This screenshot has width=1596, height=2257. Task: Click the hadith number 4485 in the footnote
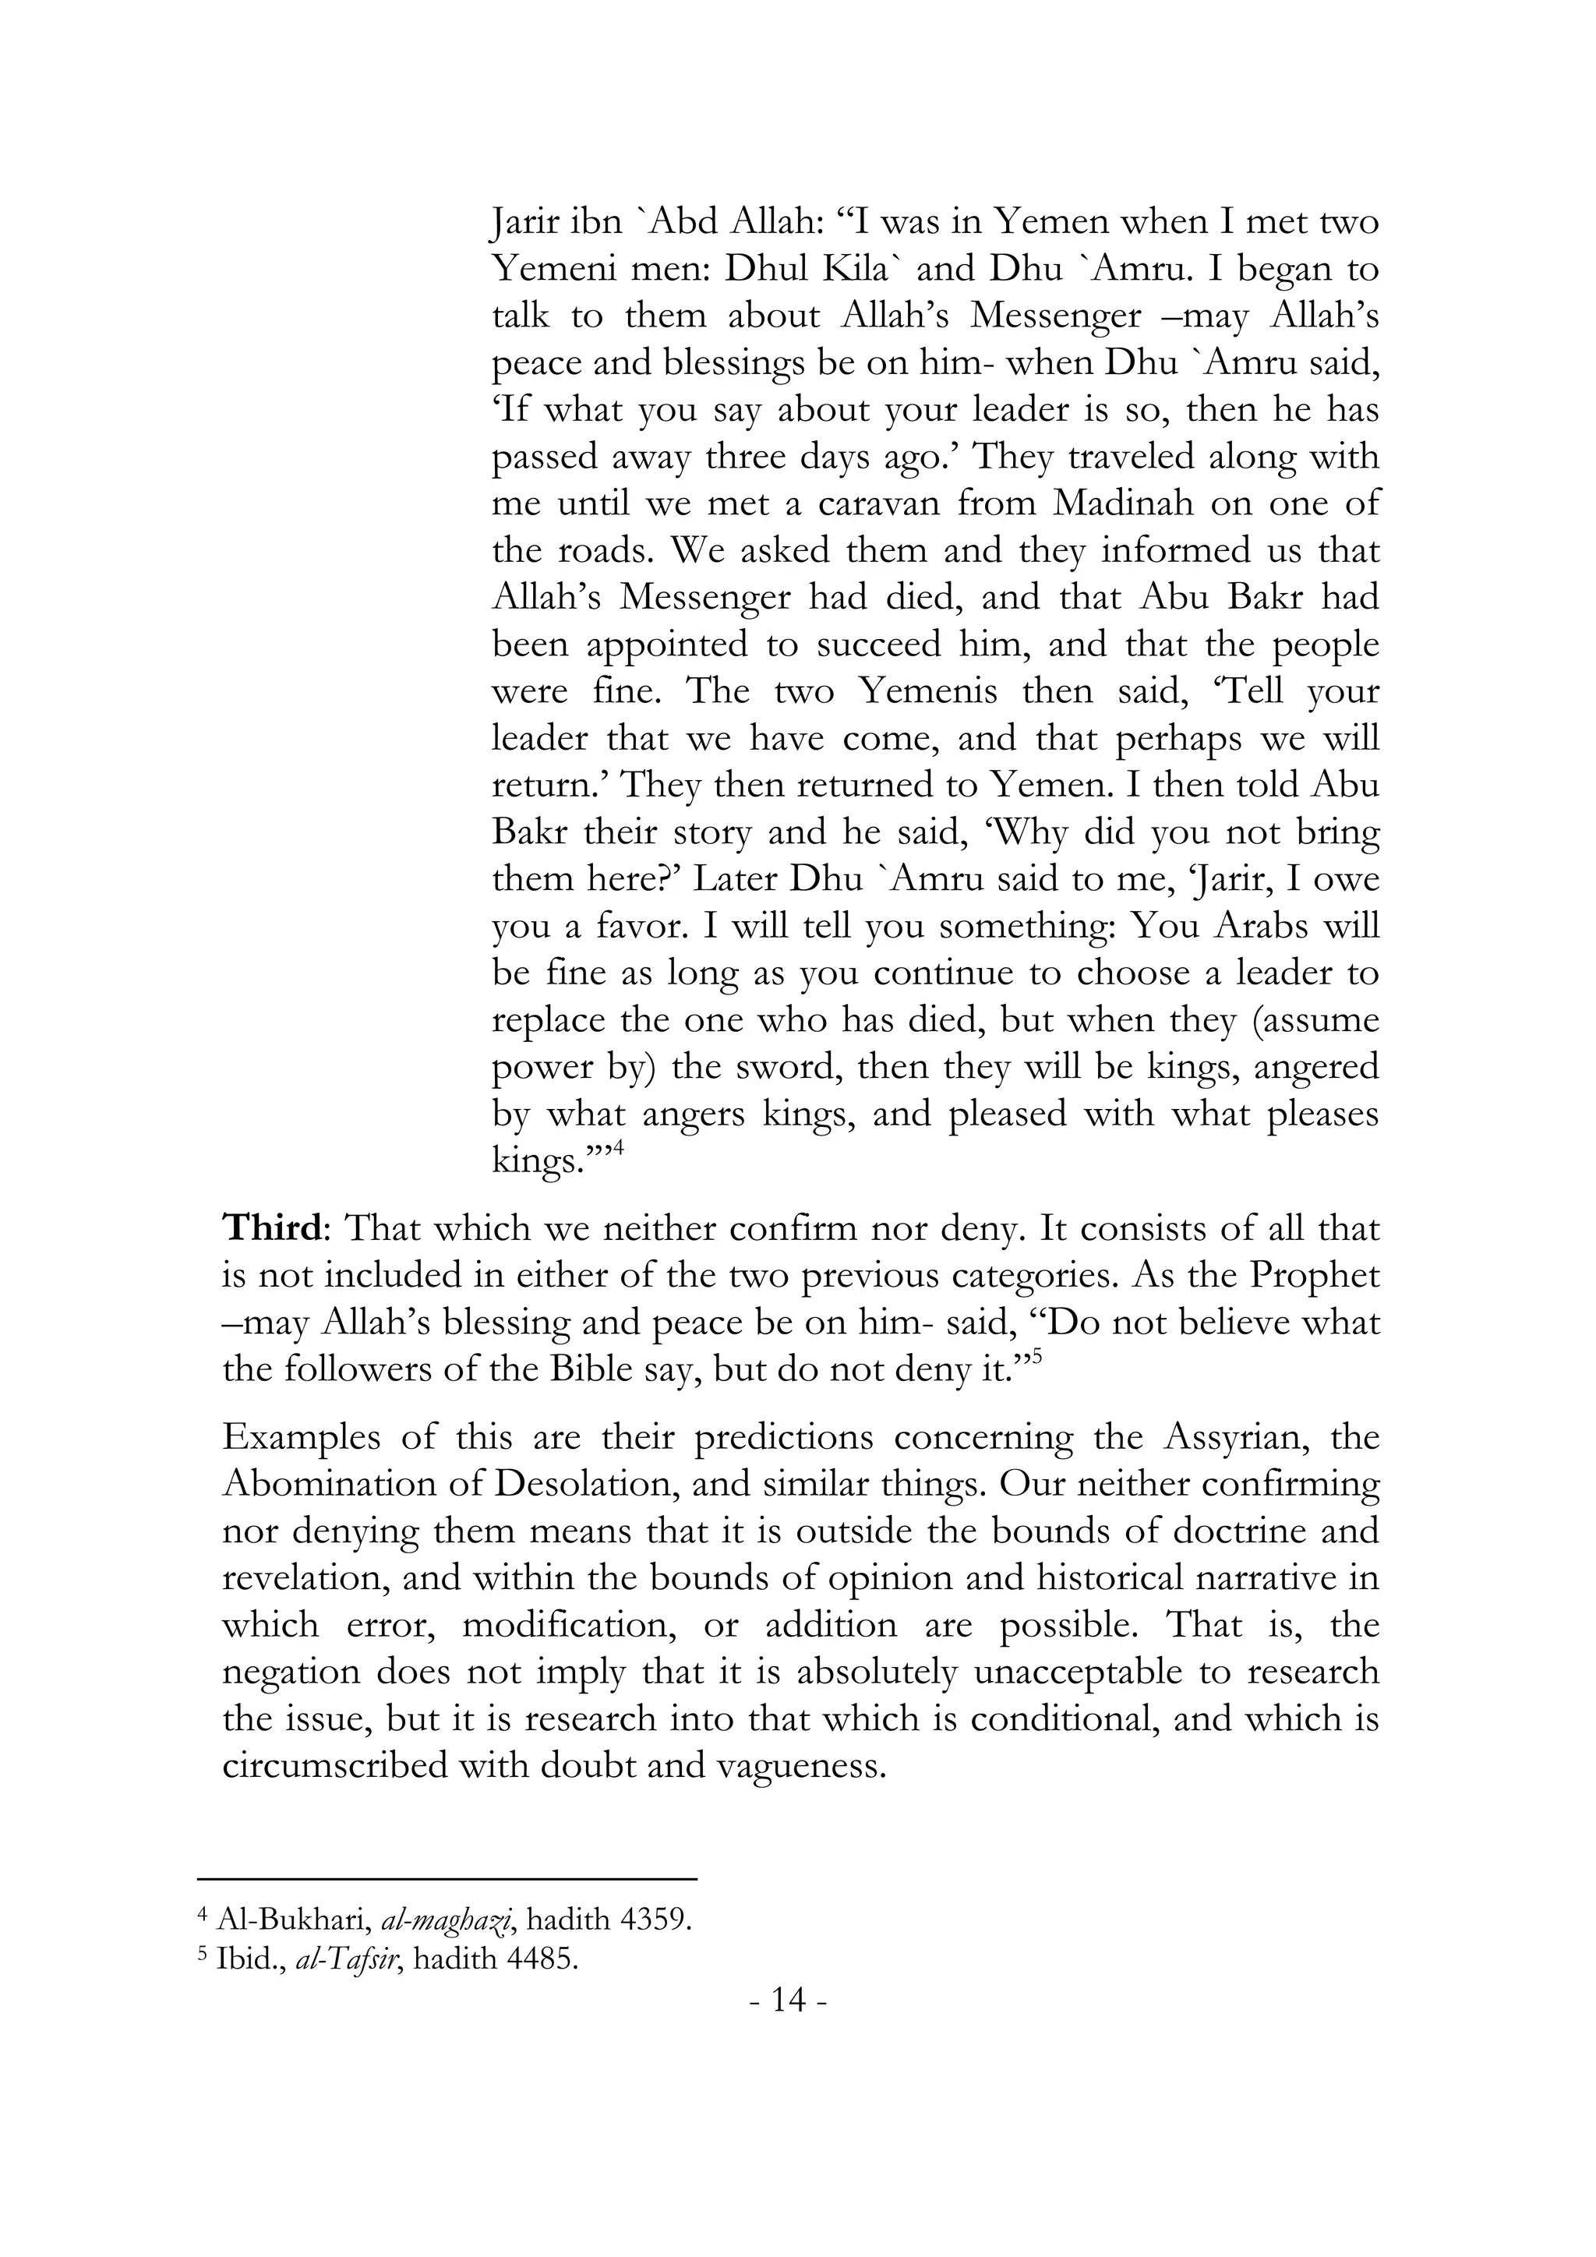tap(538, 1960)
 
